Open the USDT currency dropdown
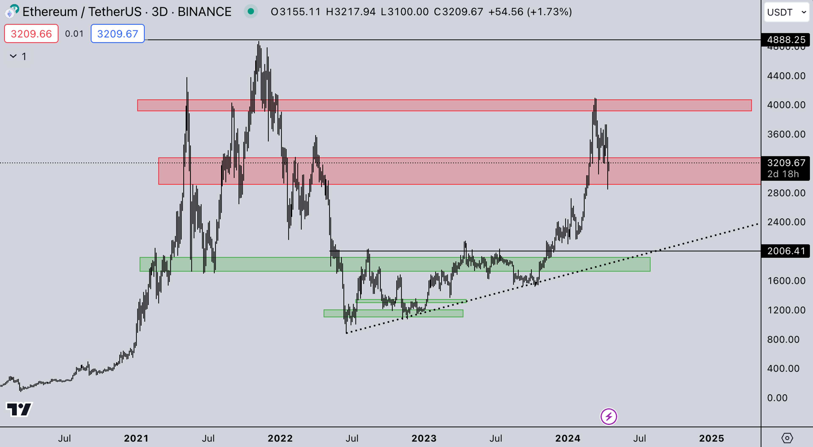point(787,12)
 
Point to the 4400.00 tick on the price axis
point(786,76)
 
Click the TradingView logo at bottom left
point(19,410)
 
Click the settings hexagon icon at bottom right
point(787,438)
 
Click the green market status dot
point(251,12)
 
